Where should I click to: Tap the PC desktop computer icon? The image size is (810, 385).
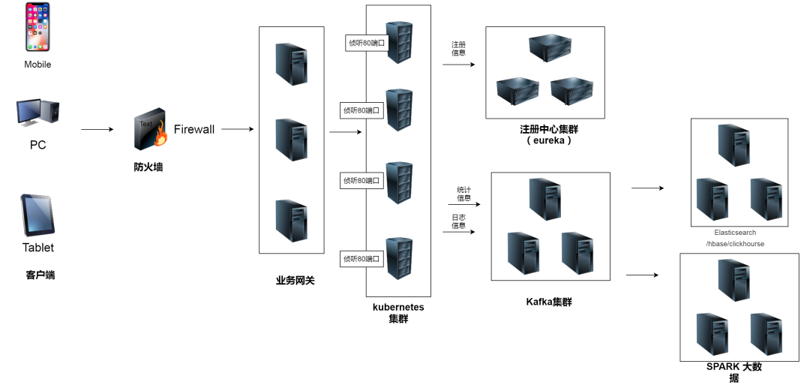click(x=37, y=113)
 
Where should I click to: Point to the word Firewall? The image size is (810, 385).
click(x=194, y=129)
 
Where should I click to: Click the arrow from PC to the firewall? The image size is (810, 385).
click(x=97, y=129)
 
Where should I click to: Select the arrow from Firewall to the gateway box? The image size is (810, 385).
click(x=238, y=129)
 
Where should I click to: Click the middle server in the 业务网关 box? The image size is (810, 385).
click(x=292, y=140)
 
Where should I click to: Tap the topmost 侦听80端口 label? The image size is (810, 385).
click(x=367, y=43)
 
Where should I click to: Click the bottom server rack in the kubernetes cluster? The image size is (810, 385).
click(x=399, y=258)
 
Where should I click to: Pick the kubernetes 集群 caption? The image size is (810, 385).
click(x=398, y=313)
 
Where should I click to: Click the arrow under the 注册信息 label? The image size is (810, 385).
click(x=459, y=65)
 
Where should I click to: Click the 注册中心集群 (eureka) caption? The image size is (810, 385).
click(x=548, y=134)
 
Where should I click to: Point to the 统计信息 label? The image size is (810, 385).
click(x=464, y=194)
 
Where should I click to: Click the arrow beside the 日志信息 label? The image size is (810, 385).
click(x=459, y=232)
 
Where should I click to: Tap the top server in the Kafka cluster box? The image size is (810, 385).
click(x=545, y=199)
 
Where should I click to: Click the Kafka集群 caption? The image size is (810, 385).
click(x=549, y=302)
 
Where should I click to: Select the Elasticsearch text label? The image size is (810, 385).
click(x=735, y=233)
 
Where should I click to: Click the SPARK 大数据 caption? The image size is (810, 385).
click(x=734, y=372)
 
